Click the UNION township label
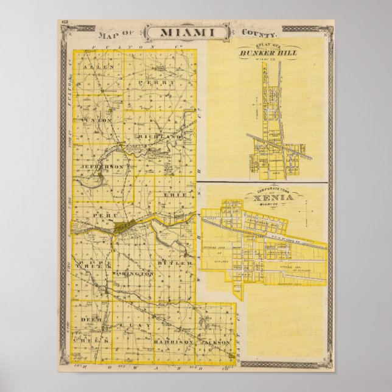pos(100,120)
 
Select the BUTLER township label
pos(167,262)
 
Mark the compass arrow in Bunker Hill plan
pos(260,112)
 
